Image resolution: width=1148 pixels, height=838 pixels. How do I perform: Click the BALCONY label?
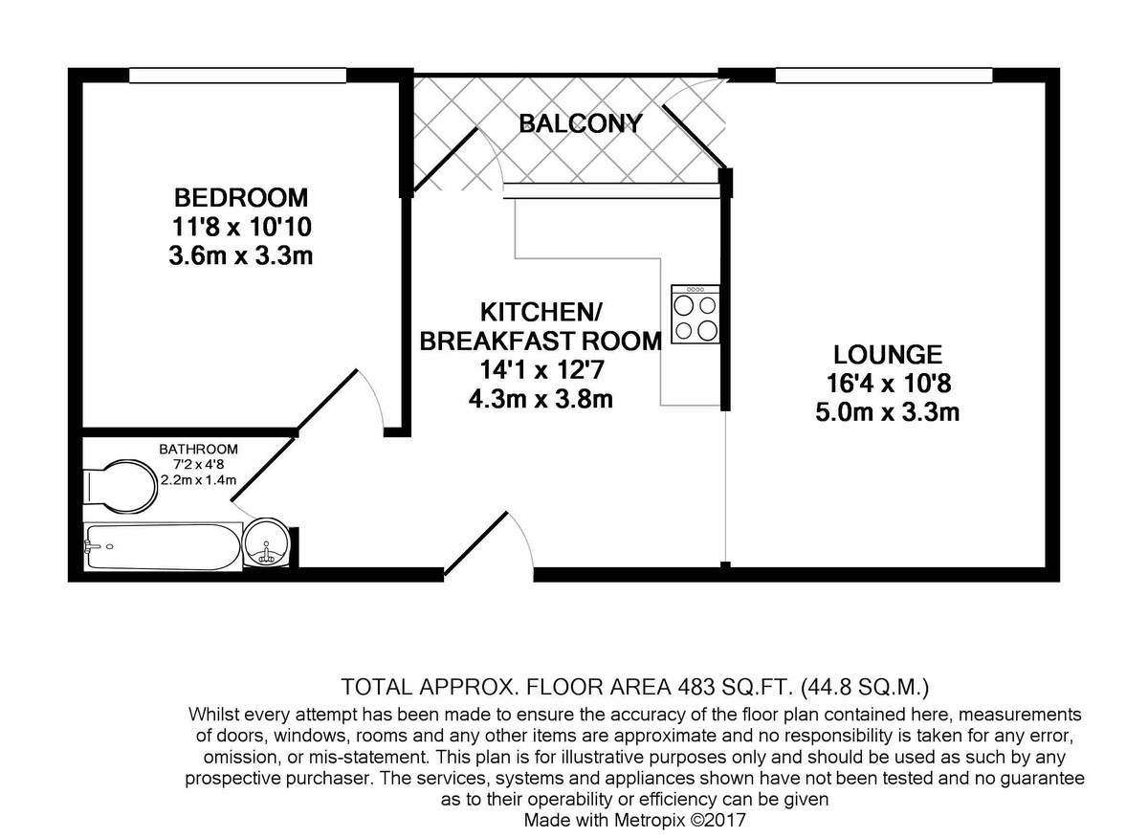pyautogui.click(x=581, y=123)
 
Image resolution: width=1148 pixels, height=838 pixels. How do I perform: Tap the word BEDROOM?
pyautogui.click(x=241, y=197)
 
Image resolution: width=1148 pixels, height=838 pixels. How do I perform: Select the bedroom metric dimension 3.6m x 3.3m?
pyautogui.click(x=241, y=255)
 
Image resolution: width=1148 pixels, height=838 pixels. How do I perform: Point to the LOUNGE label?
pyautogui.click(x=887, y=355)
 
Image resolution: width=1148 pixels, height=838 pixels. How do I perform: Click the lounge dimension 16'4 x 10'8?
pyautogui.click(x=889, y=383)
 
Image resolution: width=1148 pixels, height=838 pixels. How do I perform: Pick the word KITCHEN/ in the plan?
pyautogui.click(x=541, y=312)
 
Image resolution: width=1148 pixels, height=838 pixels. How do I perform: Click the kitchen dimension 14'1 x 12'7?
pyautogui.click(x=541, y=369)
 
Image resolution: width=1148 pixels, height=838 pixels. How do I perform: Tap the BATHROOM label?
pyautogui.click(x=198, y=449)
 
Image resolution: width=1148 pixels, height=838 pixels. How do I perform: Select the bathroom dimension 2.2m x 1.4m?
pyautogui.click(x=198, y=479)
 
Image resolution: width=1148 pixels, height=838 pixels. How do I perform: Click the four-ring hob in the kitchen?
pyautogui.click(x=695, y=314)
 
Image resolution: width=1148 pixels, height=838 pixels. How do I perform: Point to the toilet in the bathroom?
pyautogui.click(x=121, y=486)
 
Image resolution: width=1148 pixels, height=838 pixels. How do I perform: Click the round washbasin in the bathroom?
pyautogui.click(x=266, y=542)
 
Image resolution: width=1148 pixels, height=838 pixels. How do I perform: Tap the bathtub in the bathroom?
pyautogui.click(x=163, y=547)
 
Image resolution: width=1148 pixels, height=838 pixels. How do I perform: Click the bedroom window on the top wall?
pyautogui.click(x=237, y=76)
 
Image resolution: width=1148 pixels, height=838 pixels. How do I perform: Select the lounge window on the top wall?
pyautogui.click(x=884, y=76)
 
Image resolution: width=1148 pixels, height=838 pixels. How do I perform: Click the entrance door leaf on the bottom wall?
pyautogui.click(x=475, y=543)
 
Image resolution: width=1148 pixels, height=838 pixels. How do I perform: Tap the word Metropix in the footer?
pyautogui.click(x=650, y=820)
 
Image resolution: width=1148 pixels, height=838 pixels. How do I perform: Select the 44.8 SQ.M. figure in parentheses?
pyautogui.click(x=865, y=687)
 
